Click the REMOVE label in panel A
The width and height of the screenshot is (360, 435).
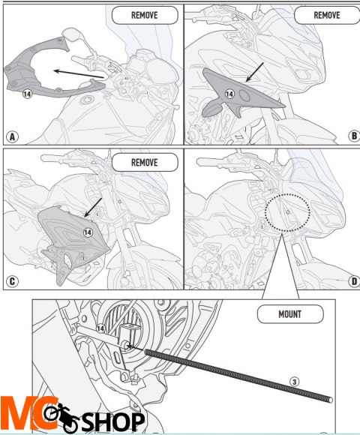point(145,15)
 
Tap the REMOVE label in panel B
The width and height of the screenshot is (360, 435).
point(327,15)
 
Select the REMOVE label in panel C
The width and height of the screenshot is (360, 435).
point(145,162)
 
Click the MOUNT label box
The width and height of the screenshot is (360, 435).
point(290,314)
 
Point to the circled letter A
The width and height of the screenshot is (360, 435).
point(12,136)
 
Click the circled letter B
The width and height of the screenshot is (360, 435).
point(354,136)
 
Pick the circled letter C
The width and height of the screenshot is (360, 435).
point(12,281)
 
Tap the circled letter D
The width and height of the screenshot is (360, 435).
point(354,281)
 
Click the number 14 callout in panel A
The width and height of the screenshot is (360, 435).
point(27,94)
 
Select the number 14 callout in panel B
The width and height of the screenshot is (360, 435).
point(229,94)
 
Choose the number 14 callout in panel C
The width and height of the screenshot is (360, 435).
point(88,232)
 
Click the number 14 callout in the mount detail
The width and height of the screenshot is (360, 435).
point(100,328)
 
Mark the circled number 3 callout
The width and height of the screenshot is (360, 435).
point(294,382)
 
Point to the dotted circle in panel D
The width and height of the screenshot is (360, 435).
point(287,194)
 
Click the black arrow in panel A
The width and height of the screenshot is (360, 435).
point(79,74)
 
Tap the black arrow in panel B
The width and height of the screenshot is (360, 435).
point(254,73)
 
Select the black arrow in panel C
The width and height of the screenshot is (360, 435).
point(93,208)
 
